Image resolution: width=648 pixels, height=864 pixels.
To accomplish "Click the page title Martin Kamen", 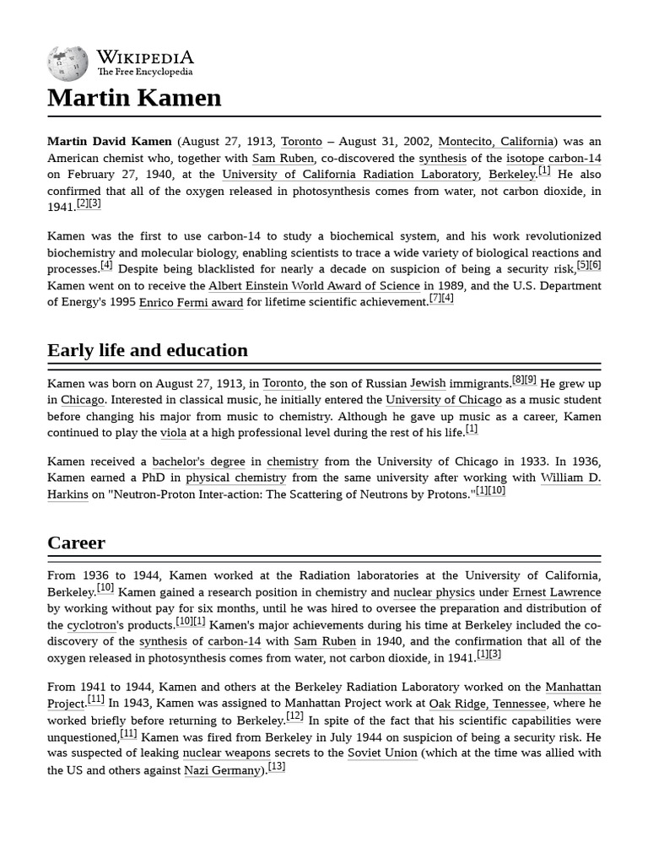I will coord(134,98).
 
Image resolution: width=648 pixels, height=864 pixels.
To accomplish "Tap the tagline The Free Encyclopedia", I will coord(144,73).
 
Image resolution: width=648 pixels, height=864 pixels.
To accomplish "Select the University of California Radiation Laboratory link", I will coord(350,175).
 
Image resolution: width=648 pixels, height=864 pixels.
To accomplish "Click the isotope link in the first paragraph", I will coord(525,159).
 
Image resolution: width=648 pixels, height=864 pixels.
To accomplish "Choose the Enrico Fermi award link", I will coord(191,303).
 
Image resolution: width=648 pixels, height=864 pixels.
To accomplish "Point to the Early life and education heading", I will coord(148,350).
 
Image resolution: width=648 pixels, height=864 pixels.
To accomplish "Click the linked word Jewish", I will coord(428,384).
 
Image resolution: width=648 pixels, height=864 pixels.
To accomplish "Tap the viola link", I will coord(173,433).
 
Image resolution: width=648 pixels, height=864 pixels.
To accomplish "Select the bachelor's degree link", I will coord(198,462).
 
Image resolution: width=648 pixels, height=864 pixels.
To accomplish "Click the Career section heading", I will coord(76,543).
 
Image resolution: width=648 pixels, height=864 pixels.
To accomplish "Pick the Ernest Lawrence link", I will coord(557,593).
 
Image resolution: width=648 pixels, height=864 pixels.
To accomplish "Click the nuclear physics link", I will coord(434,593).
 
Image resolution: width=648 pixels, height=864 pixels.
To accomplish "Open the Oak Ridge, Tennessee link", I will coord(488,704).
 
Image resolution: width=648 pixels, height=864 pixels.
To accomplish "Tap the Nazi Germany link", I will coord(222,770).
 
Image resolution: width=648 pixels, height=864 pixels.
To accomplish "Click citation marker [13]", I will coord(277,767).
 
